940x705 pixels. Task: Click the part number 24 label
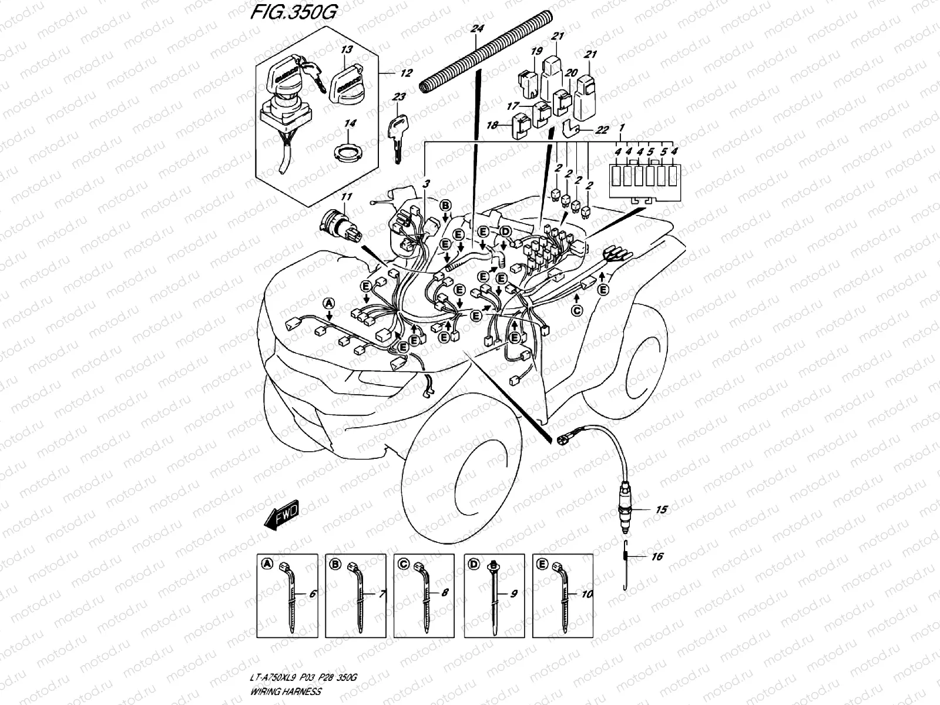(x=476, y=28)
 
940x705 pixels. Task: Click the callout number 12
(x=406, y=73)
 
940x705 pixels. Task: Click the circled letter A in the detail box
(x=266, y=563)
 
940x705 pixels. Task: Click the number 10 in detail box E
(x=586, y=595)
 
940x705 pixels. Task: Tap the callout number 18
(x=492, y=125)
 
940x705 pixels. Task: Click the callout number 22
(x=601, y=130)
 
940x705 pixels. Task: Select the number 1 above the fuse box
(x=623, y=127)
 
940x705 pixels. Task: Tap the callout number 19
(x=536, y=52)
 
